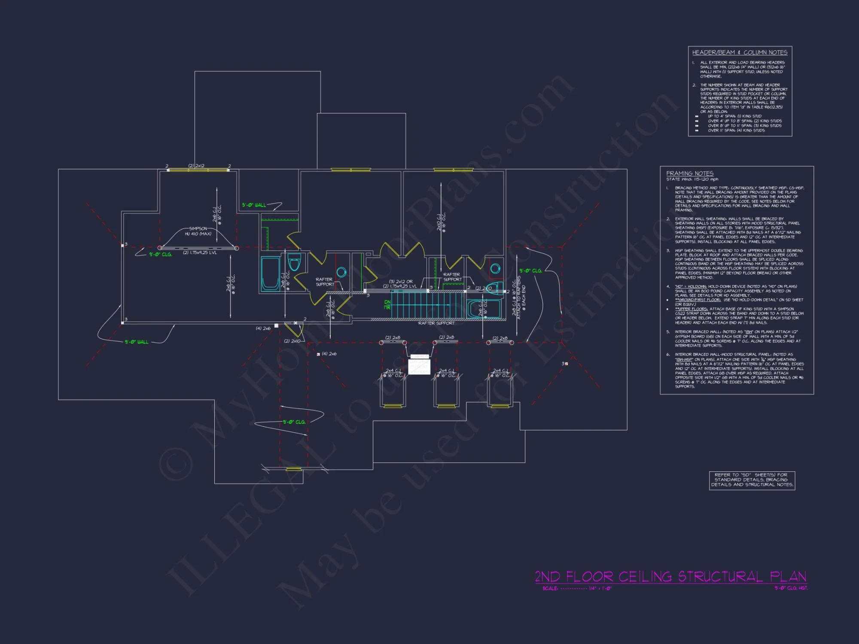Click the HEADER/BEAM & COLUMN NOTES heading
point(740,52)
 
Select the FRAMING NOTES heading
point(689,173)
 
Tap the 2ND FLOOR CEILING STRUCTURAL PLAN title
point(670,577)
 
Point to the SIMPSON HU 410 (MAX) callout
point(198,231)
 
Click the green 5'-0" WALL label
point(254,205)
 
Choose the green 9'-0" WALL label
point(137,342)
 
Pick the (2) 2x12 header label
point(196,166)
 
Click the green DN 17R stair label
point(387,305)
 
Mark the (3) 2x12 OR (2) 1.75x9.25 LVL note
point(400,284)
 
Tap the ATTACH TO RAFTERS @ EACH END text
point(521,297)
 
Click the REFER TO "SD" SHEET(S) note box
point(752,480)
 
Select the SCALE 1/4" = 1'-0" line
point(576,589)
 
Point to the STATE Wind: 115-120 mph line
point(692,179)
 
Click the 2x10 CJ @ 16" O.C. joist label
point(441,222)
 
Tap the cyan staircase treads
point(428,305)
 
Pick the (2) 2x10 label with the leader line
point(292,341)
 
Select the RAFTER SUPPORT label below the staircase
point(436,323)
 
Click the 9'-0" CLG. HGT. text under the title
point(791,588)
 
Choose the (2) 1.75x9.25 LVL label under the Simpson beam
point(200,253)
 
